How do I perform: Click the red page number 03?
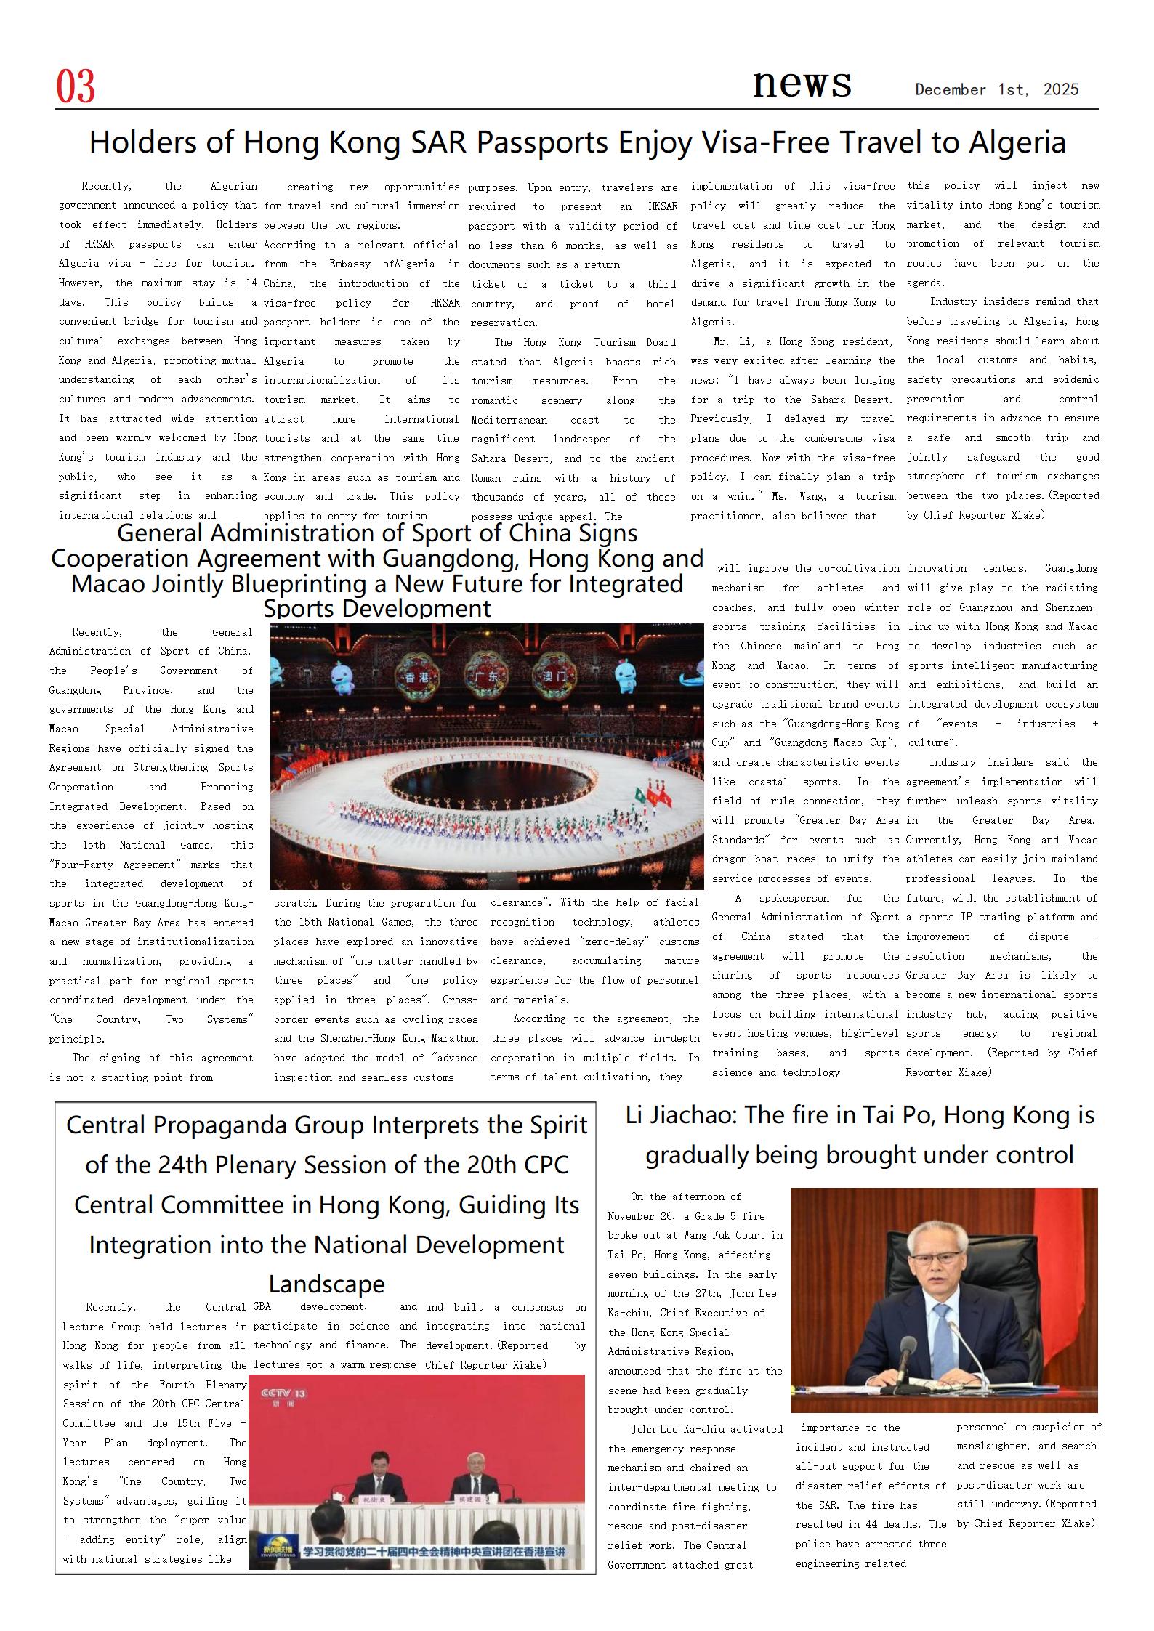pos(76,86)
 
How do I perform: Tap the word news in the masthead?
pos(802,83)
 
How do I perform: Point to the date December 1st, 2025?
pos(996,89)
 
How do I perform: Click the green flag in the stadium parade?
pos(641,794)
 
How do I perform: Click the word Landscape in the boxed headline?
pos(326,1284)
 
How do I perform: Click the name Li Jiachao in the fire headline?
pos(676,1115)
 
